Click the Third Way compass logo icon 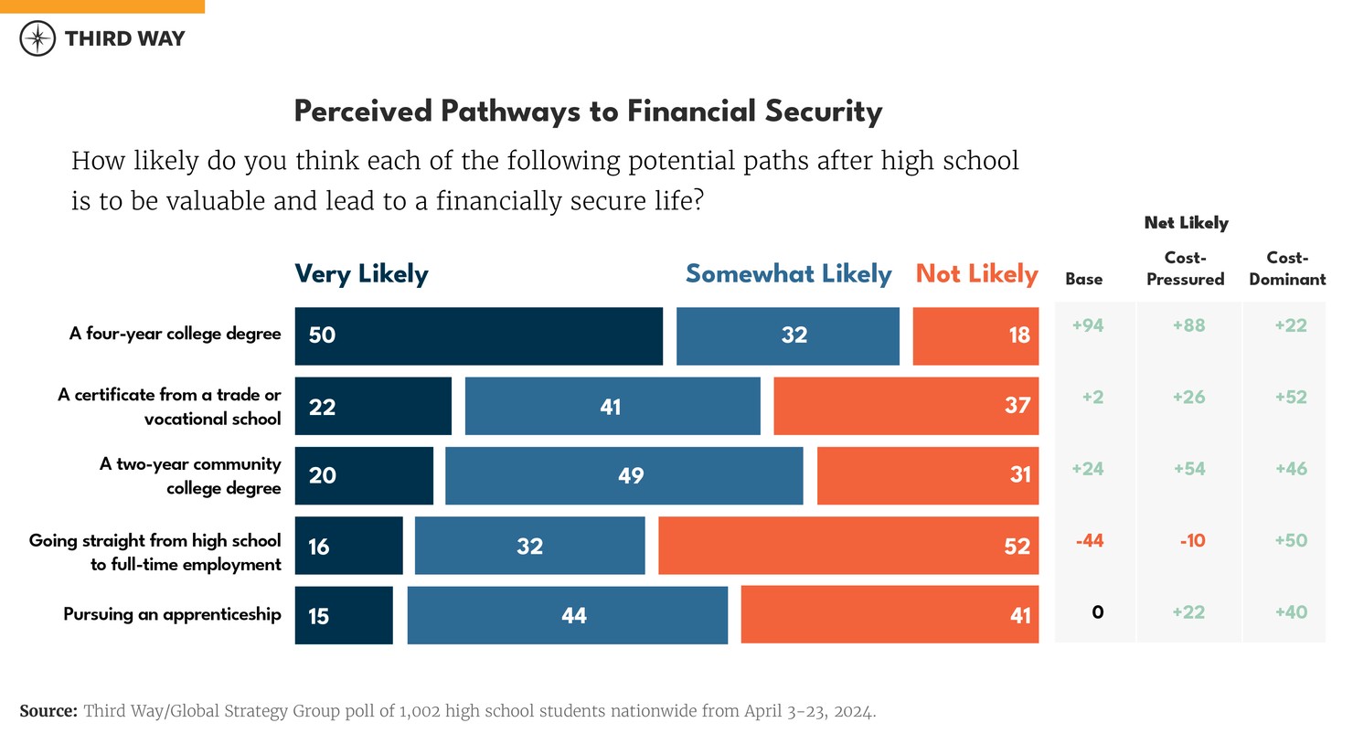37,38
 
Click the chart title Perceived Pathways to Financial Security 588,112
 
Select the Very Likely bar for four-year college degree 478,335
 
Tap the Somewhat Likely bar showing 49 623,475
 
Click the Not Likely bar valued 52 847,546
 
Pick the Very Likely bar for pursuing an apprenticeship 344,615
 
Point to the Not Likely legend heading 976,274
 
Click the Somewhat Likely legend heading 788,274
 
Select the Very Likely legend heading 361,274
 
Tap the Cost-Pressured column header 1185,269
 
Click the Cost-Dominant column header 1287,269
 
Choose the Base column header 1083,280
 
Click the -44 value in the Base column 1089,541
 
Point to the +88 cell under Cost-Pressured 1188,325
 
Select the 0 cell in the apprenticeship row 1097,612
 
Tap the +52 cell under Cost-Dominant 1290,398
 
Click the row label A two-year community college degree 190,476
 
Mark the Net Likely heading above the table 1186,223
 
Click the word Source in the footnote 48,711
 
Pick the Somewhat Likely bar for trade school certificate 612,406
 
